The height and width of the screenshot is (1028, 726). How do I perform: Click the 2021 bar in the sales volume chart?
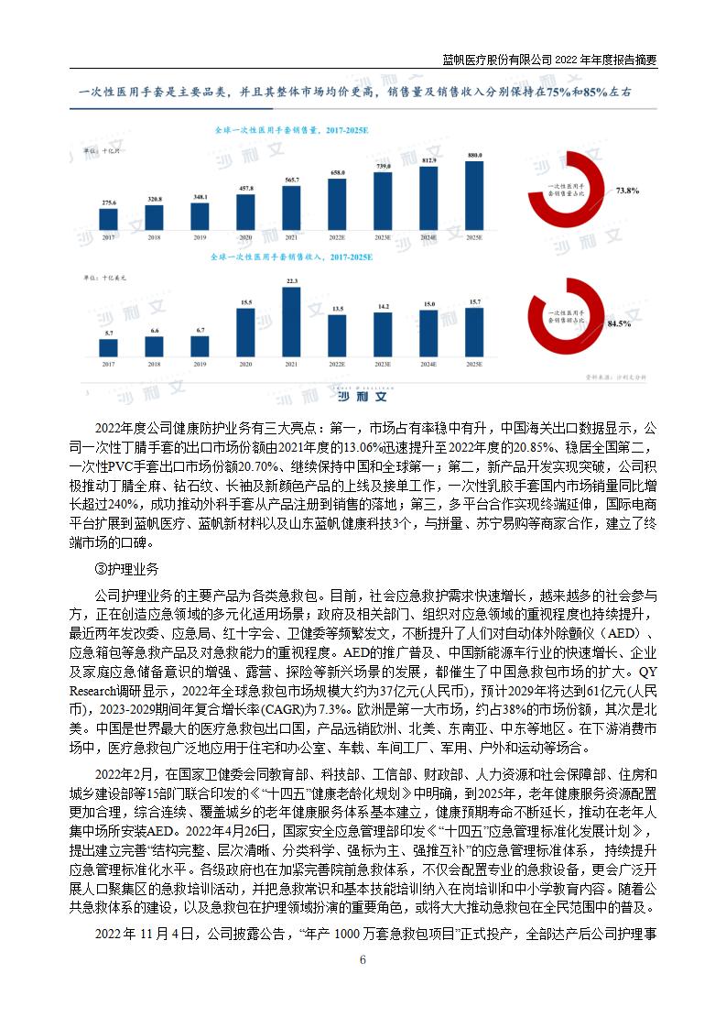pyautogui.click(x=292, y=207)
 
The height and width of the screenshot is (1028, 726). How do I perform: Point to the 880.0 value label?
pyautogui.click(x=474, y=155)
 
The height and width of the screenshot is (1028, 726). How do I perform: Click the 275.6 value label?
pyautogui.click(x=109, y=202)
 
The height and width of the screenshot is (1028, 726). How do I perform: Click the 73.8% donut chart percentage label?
pyautogui.click(x=628, y=191)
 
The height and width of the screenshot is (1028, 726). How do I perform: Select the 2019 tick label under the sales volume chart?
pyautogui.click(x=200, y=237)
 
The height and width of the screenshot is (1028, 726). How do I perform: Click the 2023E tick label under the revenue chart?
pyautogui.click(x=384, y=365)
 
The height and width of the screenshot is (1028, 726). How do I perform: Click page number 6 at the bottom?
pyautogui.click(x=363, y=960)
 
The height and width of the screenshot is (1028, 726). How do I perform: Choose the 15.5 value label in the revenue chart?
pyautogui.click(x=246, y=301)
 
